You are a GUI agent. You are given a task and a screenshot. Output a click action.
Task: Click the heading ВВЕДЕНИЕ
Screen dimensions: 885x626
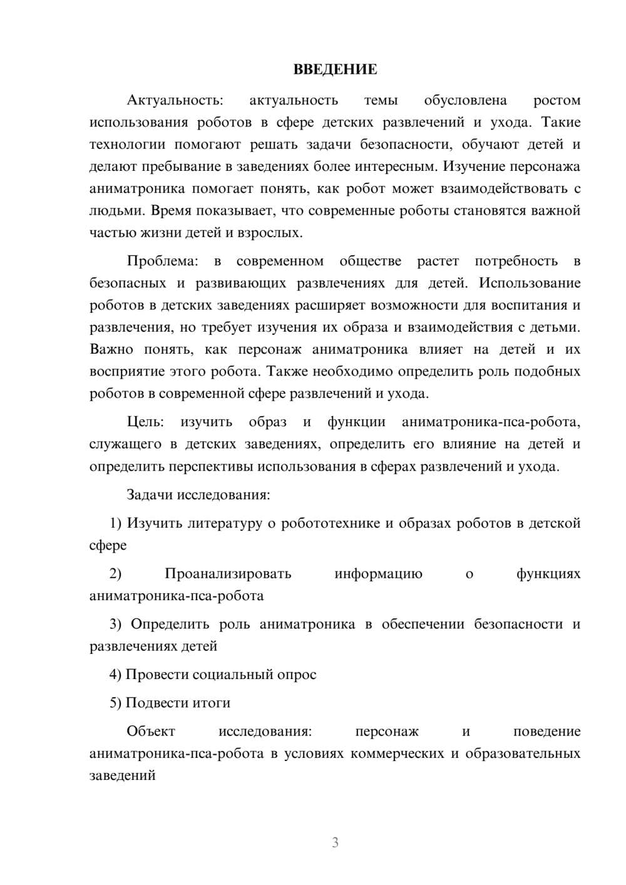[335, 69]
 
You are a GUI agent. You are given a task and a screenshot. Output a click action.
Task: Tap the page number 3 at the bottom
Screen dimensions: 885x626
[335, 842]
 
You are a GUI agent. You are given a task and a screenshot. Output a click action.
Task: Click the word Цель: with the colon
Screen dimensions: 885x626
[145, 422]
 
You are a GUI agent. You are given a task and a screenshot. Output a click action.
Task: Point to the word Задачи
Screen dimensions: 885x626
[150, 494]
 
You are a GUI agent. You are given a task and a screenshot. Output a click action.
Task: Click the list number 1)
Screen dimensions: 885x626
[116, 523]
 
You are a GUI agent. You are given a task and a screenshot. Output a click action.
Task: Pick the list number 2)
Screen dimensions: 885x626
[116, 573]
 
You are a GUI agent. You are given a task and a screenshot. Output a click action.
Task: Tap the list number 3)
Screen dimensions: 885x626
[116, 624]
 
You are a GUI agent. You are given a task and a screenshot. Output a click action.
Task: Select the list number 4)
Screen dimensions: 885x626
[116, 675]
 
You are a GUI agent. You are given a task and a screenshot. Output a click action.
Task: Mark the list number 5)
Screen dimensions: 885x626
[116, 703]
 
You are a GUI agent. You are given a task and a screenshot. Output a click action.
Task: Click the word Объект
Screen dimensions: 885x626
[151, 731]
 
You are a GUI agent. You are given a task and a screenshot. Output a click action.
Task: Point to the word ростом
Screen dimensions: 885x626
[557, 100]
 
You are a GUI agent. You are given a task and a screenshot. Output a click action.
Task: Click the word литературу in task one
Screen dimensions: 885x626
[225, 523]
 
